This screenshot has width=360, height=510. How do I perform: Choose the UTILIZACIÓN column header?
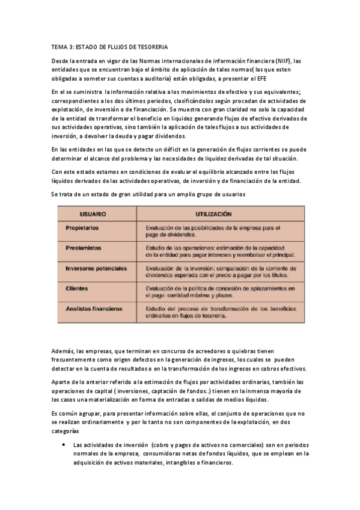tap(213, 214)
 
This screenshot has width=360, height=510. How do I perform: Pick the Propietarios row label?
tap(82, 228)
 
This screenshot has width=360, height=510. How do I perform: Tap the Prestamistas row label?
tap(83, 247)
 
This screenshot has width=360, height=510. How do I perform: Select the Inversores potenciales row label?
tap(96, 268)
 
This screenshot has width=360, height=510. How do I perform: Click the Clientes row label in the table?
tap(76, 289)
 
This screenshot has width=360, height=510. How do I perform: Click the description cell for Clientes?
tap(221, 292)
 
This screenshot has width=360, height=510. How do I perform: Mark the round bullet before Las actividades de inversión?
tap(64, 446)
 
